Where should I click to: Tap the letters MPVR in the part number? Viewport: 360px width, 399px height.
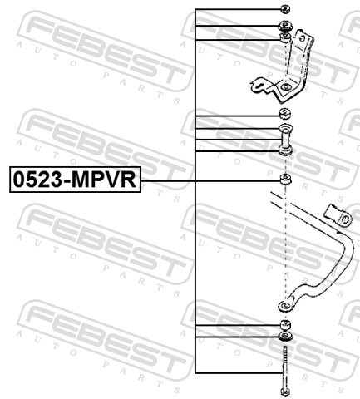coord(104,180)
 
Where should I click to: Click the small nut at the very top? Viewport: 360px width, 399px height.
coord(285,9)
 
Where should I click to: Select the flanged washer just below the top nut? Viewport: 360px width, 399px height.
coord(285,27)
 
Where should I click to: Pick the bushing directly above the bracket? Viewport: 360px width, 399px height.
coord(285,38)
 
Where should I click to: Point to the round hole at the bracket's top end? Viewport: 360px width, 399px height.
coord(303,38)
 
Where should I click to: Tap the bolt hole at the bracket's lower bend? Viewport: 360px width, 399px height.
coord(285,87)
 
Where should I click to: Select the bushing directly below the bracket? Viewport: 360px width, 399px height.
coord(285,114)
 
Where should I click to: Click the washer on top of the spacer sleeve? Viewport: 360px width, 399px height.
coord(285,128)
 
